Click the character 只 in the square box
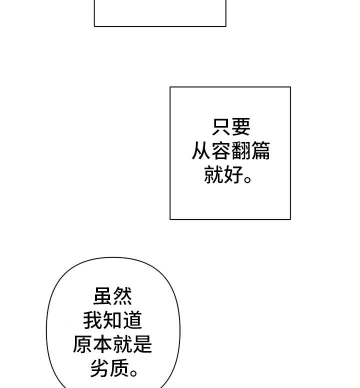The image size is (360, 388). pyautogui.click(x=221, y=127)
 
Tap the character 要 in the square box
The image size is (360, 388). pyautogui.click(x=240, y=127)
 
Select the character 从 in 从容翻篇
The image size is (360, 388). pyautogui.click(x=201, y=151)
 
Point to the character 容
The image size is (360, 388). pyautogui.click(x=221, y=151)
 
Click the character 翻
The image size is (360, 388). pyautogui.click(x=240, y=151)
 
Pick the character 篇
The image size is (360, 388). pyautogui.click(x=260, y=151)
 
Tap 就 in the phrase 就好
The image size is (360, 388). pyautogui.click(x=214, y=175)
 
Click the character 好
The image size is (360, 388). pyautogui.click(x=233, y=175)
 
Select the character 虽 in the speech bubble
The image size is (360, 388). pyautogui.click(x=103, y=296)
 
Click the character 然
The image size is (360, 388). pyautogui.click(x=123, y=296)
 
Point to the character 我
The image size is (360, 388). pyautogui.click(x=93, y=320)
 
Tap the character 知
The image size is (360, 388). pyautogui.click(x=113, y=320)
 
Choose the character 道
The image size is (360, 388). pyautogui.click(x=132, y=320)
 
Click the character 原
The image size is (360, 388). pyautogui.click(x=83, y=344)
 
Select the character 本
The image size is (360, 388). pyautogui.click(x=103, y=344)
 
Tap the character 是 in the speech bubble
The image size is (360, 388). pyautogui.click(x=142, y=344)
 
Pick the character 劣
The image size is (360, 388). pyautogui.click(x=99, y=368)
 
